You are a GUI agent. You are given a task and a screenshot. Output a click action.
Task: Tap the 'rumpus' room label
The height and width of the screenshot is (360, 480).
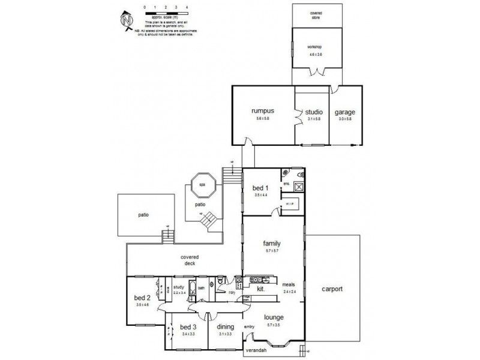pyautogui.click(x=263, y=111)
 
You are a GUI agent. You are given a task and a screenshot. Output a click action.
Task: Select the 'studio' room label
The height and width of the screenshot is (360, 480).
pyautogui.click(x=313, y=112)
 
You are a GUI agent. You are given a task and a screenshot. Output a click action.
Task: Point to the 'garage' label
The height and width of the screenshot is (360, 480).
pyautogui.click(x=345, y=112)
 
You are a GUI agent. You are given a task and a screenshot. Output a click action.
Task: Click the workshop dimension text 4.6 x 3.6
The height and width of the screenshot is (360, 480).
pyautogui.click(x=316, y=55)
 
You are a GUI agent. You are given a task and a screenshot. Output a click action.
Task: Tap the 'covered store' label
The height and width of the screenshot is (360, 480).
pyautogui.click(x=316, y=14)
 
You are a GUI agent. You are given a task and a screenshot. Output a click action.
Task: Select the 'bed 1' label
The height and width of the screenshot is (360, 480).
pyautogui.click(x=261, y=188)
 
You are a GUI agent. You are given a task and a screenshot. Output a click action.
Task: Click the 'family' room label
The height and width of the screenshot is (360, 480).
pyautogui.click(x=272, y=244)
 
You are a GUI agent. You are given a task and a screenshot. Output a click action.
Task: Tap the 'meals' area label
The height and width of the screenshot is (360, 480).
pyautogui.click(x=289, y=286)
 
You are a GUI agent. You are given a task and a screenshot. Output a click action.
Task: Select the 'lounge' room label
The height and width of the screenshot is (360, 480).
pyautogui.click(x=273, y=316)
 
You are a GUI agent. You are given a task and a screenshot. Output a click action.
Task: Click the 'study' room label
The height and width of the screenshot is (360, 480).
pyautogui.click(x=179, y=287)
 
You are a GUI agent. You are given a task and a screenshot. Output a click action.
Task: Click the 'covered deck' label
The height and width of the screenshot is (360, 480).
pyautogui.click(x=190, y=259)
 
